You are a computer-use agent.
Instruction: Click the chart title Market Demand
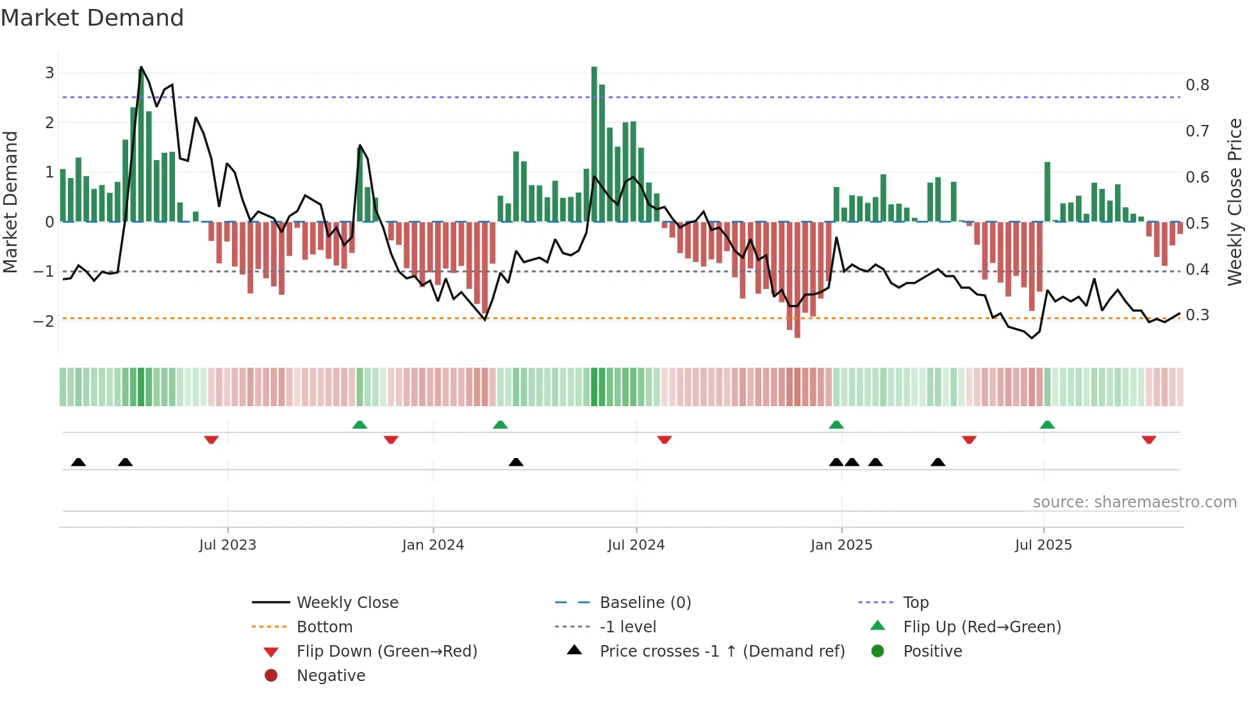click(x=92, y=18)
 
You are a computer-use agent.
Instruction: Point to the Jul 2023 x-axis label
click(x=227, y=545)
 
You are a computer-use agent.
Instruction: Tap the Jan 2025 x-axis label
click(x=841, y=545)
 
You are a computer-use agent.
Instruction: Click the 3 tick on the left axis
click(x=49, y=73)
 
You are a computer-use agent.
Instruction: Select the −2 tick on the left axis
click(x=44, y=321)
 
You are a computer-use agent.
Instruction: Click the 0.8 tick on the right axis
click(x=1197, y=85)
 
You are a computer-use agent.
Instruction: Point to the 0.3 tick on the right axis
click(x=1197, y=315)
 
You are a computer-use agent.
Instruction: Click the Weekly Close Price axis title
click(x=1234, y=202)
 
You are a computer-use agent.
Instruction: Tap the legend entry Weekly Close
click(x=347, y=603)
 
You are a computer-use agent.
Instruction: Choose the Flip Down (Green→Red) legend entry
click(x=386, y=652)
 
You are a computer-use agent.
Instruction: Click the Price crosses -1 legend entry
click(x=722, y=652)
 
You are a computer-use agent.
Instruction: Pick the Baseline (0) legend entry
click(x=645, y=603)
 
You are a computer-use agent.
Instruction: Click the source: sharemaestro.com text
click(x=1134, y=502)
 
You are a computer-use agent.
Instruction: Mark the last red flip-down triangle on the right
click(x=1148, y=440)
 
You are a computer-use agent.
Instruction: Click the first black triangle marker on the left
click(x=78, y=462)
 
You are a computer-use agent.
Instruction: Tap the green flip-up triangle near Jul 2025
click(x=1047, y=425)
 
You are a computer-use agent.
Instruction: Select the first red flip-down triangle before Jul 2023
click(x=211, y=440)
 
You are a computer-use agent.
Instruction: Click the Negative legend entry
click(x=330, y=676)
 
